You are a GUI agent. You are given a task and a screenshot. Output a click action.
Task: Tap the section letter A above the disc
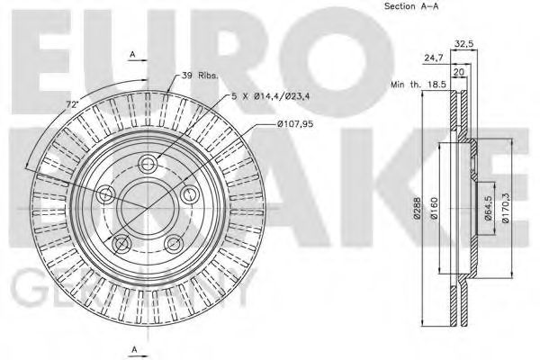[132, 54]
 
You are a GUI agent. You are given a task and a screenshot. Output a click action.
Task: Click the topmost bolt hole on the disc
[147, 164]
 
